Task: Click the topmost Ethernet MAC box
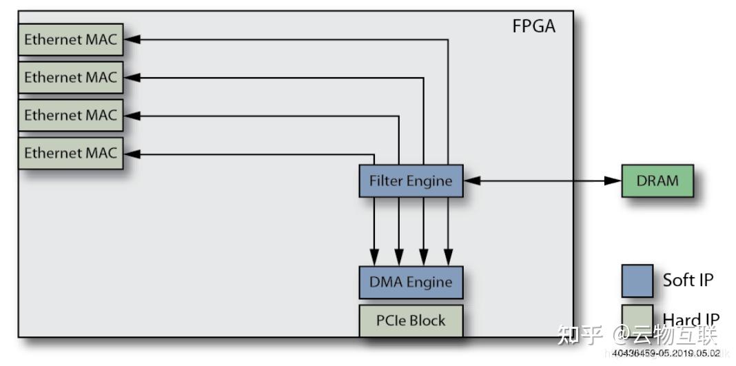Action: (x=70, y=40)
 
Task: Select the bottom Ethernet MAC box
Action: (x=70, y=154)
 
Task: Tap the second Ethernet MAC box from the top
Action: (x=70, y=78)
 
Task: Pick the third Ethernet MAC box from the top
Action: (x=70, y=116)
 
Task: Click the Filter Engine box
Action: (x=411, y=181)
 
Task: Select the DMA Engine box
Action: (x=411, y=283)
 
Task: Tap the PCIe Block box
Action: (x=411, y=321)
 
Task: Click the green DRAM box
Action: (x=657, y=181)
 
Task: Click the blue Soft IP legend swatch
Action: (x=637, y=281)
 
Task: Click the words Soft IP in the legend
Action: (x=688, y=280)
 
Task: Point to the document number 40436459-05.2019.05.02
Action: (x=666, y=353)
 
